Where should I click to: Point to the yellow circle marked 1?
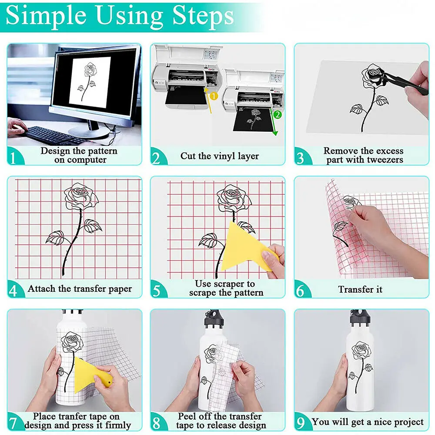coord(214,94)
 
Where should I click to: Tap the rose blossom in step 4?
coord(80,195)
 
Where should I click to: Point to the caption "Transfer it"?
coord(360,289)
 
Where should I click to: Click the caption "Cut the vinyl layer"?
coord(220,156)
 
